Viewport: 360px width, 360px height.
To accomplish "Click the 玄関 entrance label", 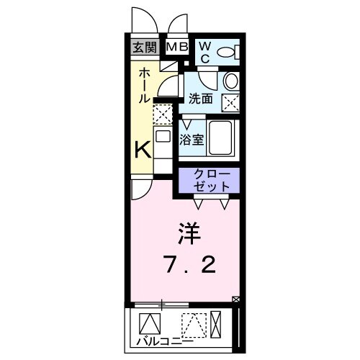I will (144, 48).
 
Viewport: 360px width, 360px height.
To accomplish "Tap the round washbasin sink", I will (231, 80).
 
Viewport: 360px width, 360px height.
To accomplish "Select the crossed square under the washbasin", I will (231, 103).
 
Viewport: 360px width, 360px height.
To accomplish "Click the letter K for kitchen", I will (143, 150).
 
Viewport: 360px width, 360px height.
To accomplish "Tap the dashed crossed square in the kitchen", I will (163, 114).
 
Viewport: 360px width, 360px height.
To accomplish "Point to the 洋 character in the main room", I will (189, 234).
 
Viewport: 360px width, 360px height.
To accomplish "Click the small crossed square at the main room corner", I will (236, 298).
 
